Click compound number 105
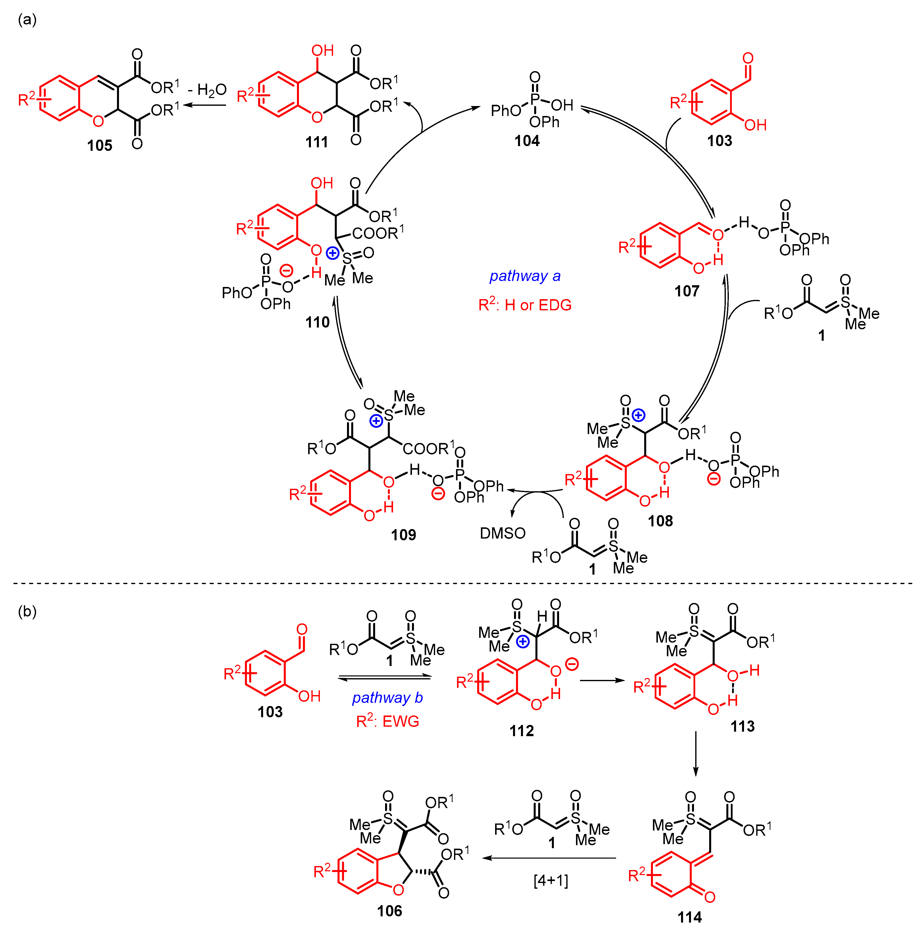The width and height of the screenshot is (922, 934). coord(100,146)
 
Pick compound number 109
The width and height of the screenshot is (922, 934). coord(404,535)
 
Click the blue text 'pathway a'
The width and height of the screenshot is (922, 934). coord(525,276)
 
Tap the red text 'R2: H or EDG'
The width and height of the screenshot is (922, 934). coord(525,305)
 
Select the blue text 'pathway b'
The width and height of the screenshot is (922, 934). coord(387,698)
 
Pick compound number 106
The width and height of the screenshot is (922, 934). coord(390,911)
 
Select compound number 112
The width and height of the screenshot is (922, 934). coord(522,730)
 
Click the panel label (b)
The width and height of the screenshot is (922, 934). coord(27,611)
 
